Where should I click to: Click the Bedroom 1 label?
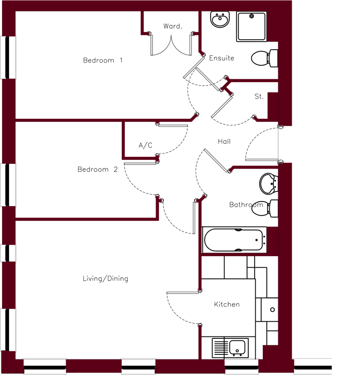[x=103, y=61]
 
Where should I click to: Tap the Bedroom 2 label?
[x=98, y=169]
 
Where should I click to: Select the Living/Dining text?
[x=105, y=279]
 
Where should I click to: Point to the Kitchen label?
[x=227, y=304]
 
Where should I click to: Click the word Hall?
[x=224, y=141]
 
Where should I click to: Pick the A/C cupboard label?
[x=145, y=145]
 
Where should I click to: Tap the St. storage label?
[x=259, y=97]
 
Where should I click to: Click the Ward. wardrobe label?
[x=172, y=26]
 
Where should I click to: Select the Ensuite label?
[x=222, y=58]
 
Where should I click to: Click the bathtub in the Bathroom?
[x=234, y=240]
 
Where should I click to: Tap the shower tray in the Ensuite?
[x=251, y=26]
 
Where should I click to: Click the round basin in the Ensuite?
[x=220, y=19]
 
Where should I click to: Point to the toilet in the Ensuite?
[x=264, y=59]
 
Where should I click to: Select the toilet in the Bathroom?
[x=265, y=209]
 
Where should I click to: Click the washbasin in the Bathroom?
[x=269, y=183]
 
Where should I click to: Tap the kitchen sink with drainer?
[x=230, y=348]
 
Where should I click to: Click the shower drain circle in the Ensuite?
[x=252, y=16]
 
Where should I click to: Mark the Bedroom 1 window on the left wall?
[x=8, y=58]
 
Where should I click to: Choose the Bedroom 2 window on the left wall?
[x=8, y=185]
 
